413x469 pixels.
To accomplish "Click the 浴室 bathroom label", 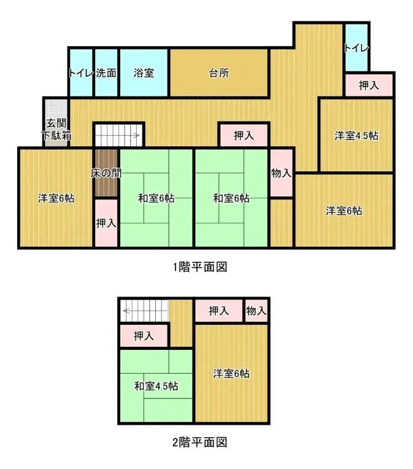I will tap(144, 73).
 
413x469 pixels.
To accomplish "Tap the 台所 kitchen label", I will tap(219, 73).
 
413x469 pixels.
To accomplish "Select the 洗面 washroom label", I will tap(106, 73).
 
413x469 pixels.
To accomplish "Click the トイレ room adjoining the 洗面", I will tap(80, 73).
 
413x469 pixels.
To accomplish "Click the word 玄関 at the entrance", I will tap(55, 122).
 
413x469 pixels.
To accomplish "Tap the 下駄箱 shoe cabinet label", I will tap(56, 135).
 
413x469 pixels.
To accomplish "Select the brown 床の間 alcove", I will tap(106, 173).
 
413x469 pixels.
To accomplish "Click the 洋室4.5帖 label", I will tap(356, 136).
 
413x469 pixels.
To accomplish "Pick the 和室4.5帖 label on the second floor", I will tap(156, 386).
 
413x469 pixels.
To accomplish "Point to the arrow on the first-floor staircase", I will tap(139, 135).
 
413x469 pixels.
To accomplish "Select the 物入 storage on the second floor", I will tap(256, 311).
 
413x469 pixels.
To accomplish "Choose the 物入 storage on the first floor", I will tap(281, 173).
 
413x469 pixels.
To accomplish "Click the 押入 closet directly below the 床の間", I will tap(106, 223).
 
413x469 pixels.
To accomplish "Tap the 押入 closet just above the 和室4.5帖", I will tap(144, 336).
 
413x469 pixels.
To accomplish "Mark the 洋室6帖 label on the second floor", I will tap(231, 373).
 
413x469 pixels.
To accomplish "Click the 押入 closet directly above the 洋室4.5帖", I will tap(368, 85).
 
